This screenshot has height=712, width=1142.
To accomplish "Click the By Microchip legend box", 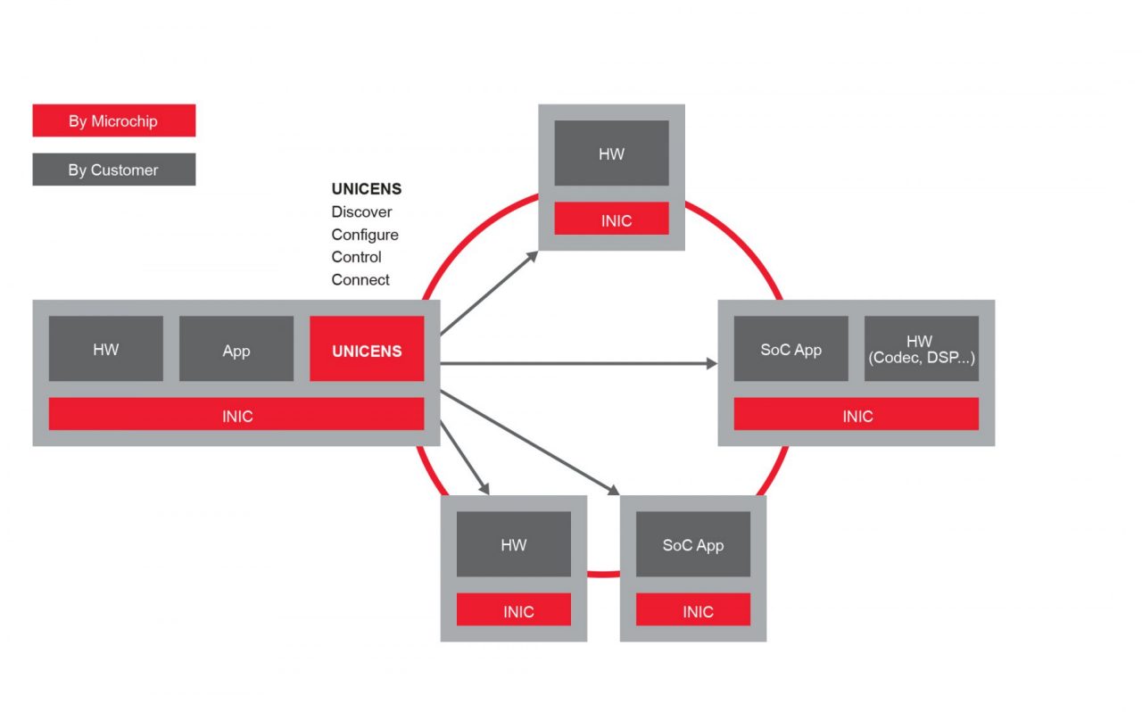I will pos(113,121).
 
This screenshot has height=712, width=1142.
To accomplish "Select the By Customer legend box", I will pos(113,170).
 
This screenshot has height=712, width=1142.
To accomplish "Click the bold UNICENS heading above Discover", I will pos(367,189).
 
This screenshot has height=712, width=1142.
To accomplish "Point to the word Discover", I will pos(361,212).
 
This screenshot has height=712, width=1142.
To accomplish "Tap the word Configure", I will pos(365,235).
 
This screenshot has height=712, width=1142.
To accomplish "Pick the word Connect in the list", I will pos(360,279).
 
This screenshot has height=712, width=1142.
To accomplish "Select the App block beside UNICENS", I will pos(236,349).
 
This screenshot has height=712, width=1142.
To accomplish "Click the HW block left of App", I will pos(106,349).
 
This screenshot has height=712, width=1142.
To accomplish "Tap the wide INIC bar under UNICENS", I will pos(236,415).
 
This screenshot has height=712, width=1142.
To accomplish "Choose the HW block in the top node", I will pos(611,153).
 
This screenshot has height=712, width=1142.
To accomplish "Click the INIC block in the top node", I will pos(611,219).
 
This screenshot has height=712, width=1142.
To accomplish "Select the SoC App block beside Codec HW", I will pos(790,349).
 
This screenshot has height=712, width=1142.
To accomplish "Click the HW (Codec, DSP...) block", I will pos(921,349).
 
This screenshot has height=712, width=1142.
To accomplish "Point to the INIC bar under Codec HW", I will pos(856,415).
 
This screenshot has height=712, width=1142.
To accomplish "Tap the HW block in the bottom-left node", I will pos(514,544).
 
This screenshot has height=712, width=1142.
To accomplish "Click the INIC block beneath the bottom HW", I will pos(514,610).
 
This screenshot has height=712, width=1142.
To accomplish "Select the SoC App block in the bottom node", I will pos(693,544).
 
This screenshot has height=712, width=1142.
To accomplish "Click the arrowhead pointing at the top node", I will pos(533,255).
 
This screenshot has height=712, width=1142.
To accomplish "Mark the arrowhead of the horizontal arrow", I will pos(712,363).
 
